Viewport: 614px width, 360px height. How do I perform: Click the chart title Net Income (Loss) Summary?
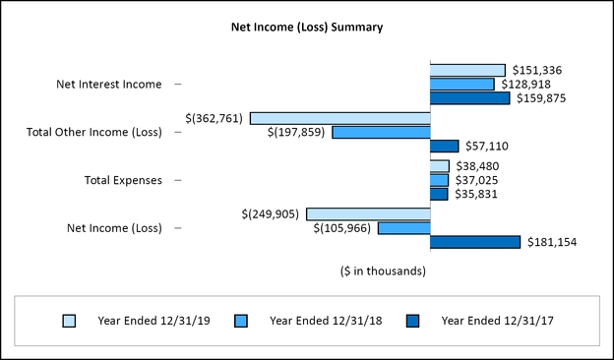point(307,28)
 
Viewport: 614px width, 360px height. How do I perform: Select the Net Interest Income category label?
point(108,85)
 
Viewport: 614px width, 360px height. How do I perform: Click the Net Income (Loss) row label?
point(114,228)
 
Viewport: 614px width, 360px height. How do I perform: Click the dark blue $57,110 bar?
point(445,147)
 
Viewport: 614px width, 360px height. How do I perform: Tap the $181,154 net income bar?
point(475,242)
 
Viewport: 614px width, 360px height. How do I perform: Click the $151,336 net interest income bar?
point(467,70)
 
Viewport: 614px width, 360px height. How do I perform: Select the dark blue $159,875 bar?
point(470,98)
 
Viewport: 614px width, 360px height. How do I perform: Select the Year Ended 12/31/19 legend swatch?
point(69,321)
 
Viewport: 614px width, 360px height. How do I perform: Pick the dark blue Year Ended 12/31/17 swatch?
point(412,321)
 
